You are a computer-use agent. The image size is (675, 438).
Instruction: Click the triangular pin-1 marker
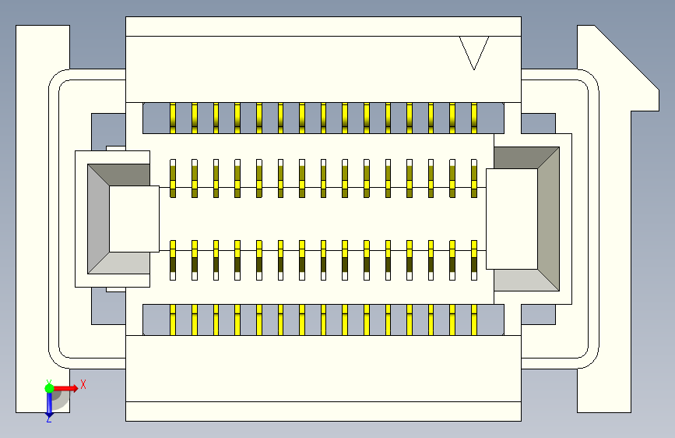pyautogui.click(x=473, y=51)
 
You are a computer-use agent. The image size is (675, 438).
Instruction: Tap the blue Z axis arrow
pyautogui.click(x=49, y=403)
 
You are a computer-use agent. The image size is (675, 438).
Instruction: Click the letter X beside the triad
pyautogui.click(x=83, y=383)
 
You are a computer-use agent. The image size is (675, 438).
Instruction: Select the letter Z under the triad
pyautogui.click(x=48, y=419)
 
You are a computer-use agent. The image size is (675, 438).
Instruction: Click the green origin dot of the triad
pyautogui.click(x=49, y=387)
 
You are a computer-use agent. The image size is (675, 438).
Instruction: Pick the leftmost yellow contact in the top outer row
pyautogui.click(x=173, y=118)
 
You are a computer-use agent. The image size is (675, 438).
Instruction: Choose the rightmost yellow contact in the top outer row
pyautogui.click(x=473, y=118)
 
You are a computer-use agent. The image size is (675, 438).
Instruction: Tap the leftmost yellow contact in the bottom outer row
pyautogui.click(x=173, y=320)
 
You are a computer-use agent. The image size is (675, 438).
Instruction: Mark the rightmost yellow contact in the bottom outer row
pyautogui.click(x=473, y=320)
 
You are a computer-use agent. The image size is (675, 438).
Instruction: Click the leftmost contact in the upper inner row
pyautogui.click(x=173, y=178)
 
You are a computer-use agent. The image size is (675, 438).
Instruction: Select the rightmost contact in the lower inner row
pyautogui.click(x=473, y=260)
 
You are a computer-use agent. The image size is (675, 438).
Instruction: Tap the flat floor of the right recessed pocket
pyautogui.click(x=512, y=218)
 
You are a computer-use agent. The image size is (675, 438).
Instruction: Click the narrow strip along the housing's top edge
pyautogui.click(x=323, y=26)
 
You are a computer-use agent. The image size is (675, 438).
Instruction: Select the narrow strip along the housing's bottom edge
pyautogui.click(x=323, y=411)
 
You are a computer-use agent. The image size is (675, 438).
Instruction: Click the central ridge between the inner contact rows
pyautogui.click(x=323, y=219)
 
